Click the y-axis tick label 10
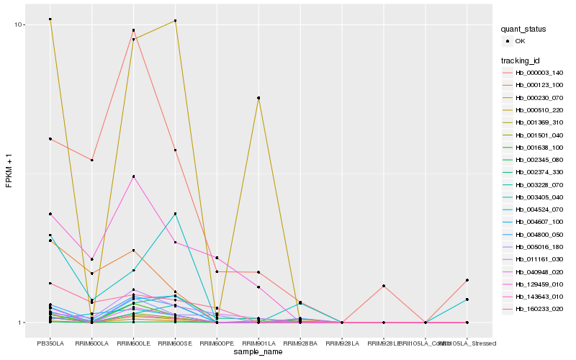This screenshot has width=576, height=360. coord(19,24)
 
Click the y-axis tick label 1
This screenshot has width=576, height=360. coord(22,323)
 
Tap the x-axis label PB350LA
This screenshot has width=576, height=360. coord(50,343)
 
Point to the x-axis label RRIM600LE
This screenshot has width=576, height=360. coord(133,343)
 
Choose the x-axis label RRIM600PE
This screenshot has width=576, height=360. coord(217,343)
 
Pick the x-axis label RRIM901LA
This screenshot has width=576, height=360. coord(258,343)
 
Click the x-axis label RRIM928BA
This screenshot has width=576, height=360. coord(300,343)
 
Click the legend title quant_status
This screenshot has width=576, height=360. coord(525,30)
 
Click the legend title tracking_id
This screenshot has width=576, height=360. coord(522,60)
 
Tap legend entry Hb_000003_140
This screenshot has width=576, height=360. coord(539,73)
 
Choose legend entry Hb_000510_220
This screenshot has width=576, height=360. coord(539,110)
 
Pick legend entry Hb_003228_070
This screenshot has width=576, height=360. coord(539,185)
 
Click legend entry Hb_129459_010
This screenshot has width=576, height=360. coord(539,284)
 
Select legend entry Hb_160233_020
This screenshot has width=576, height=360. coord(539,309)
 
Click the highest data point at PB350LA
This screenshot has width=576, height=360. coord(50,19)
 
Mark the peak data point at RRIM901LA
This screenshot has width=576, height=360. coord(258,98)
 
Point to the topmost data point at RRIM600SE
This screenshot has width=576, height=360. coord(175,21)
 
